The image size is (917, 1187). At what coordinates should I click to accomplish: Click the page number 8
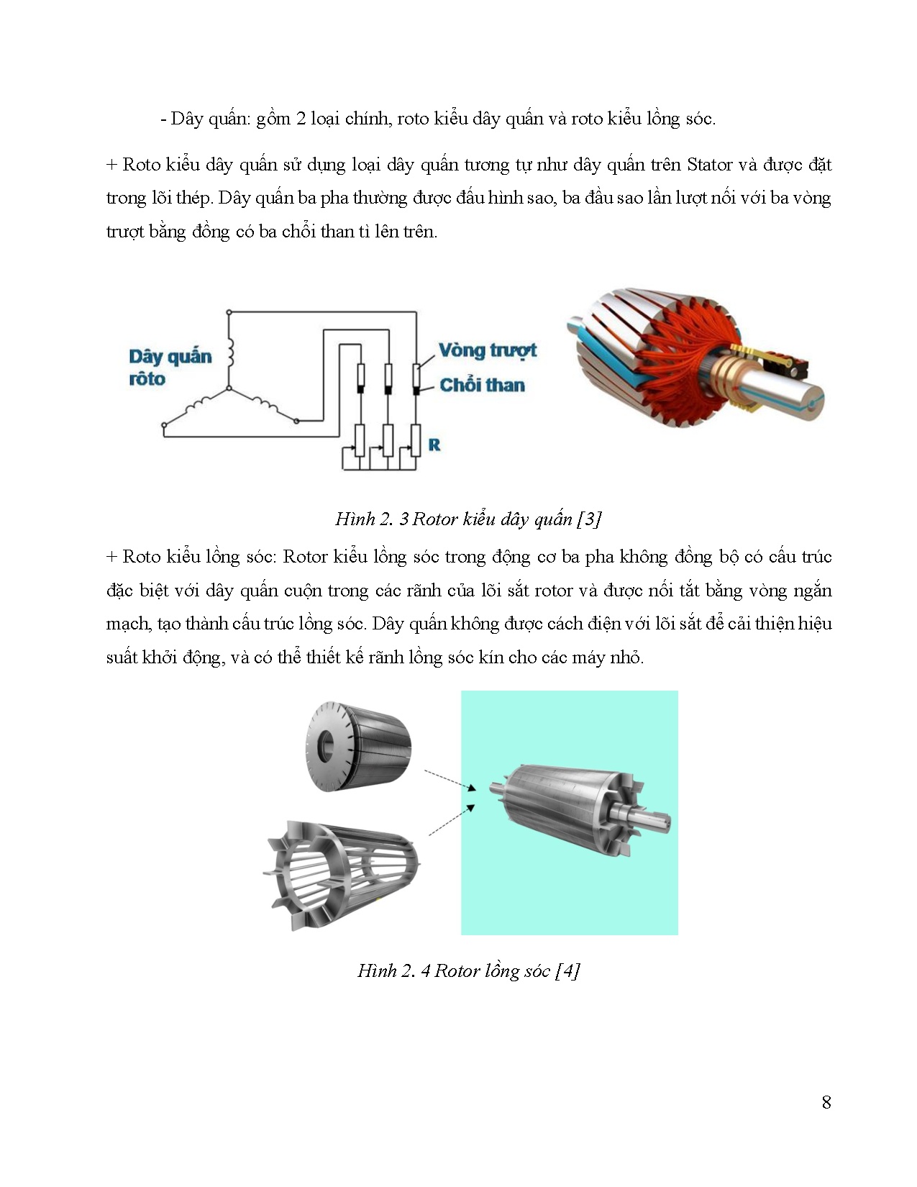826,1102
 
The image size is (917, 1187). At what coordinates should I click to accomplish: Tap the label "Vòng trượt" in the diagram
488,350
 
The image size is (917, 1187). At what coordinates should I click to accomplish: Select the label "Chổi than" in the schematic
482,386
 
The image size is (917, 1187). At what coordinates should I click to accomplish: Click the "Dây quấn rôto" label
170,368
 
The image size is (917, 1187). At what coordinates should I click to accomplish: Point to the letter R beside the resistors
434,445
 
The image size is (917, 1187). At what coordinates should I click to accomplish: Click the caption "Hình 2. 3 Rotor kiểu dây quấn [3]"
468,519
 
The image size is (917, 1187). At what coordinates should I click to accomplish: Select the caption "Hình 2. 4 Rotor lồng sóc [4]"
468,970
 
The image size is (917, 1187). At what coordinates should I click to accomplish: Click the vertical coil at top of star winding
230,353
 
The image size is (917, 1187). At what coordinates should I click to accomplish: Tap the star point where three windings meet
229,388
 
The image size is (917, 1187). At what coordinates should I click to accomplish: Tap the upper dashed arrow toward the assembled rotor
450,781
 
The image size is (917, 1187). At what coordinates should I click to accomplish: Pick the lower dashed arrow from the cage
452,820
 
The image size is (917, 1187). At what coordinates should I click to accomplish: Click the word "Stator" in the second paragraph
709,165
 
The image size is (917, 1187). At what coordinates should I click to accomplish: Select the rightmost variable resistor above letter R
415,440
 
